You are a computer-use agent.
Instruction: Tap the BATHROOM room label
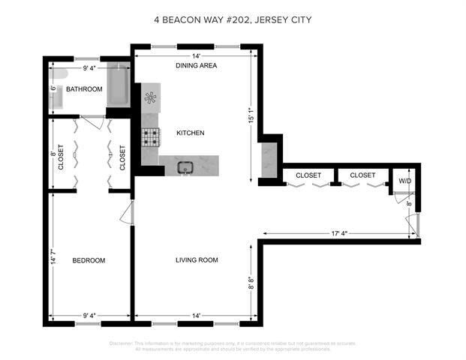[x=83, y=89]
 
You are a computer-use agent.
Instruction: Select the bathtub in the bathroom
[x=119, y=85]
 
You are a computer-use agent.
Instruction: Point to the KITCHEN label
[x=191, y=133]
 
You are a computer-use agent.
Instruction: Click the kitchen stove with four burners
[x=152, y=136]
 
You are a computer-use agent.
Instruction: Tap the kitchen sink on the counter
[x=184, y=166]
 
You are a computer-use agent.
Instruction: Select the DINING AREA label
[x=197, y=66]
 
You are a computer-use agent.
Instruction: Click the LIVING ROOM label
[x=197, y=260]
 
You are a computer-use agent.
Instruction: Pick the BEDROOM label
[x=89, y=260]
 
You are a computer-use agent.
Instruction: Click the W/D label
[x=404, y=181]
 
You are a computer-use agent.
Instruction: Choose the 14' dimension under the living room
[x=195, y=316]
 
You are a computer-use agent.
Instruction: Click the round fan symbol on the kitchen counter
[x=151, y=97]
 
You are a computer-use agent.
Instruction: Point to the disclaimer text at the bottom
[x=232, y=346]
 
